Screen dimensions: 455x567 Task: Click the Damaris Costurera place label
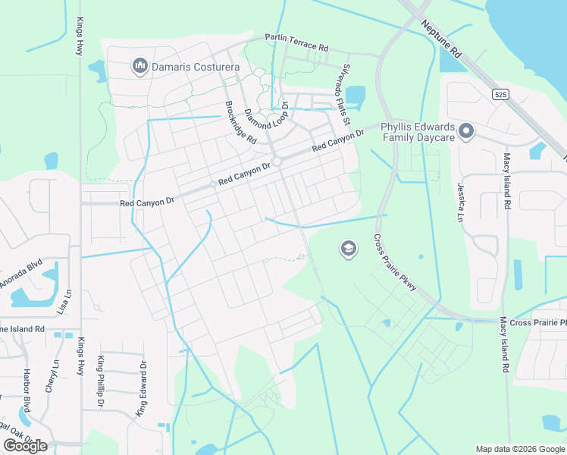(196, 67)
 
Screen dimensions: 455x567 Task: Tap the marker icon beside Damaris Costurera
(139, 67)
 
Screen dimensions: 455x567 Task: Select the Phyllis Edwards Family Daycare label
(417, 133)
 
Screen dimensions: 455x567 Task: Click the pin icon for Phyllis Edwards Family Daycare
(466, 132)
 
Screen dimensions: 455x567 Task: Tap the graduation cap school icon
(348, 249)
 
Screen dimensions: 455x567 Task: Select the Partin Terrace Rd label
(296, 42)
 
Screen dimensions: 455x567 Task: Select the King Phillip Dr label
(100, 381)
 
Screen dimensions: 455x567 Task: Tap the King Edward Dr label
(141, 388)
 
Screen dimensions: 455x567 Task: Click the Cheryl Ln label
(54, 374)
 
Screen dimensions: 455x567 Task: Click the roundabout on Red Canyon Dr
(277, 161)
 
